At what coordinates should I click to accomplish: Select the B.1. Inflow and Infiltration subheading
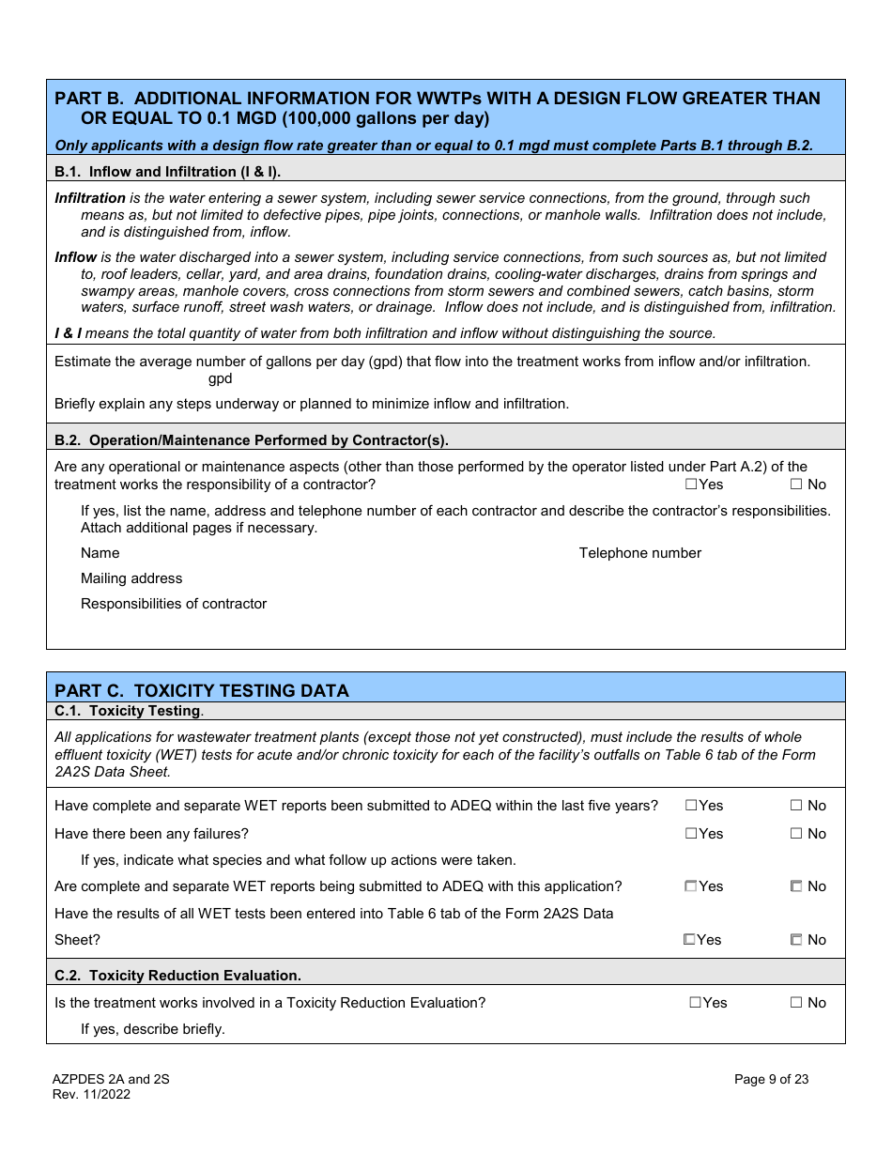[x=167, y=172]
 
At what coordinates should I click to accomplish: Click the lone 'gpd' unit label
[x=220, y=378]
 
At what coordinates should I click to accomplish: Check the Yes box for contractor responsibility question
[x=691, y=485]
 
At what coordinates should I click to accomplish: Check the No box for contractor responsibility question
[x=796, y=485]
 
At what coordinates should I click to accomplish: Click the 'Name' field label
[x=100, y=553]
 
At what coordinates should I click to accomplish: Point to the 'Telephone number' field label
[x=639, y=553]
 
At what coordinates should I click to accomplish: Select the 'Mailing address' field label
[x=131, y=578]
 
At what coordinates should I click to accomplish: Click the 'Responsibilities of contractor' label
[x=174, y=604]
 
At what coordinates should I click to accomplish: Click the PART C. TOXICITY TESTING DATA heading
[x=202, y=690]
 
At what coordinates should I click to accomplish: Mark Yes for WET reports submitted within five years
[x=691, y=806]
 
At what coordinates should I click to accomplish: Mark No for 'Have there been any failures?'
[x=796, y=834]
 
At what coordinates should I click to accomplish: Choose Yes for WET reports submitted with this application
[x=691, y=886]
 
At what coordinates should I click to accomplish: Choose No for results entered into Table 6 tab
[x=796, y=940]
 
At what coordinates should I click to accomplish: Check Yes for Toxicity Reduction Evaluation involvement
[x=696, y=1003]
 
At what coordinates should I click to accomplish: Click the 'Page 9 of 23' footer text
[x=771, y=1079]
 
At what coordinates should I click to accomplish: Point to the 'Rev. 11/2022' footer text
[x=91, y=1094]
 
